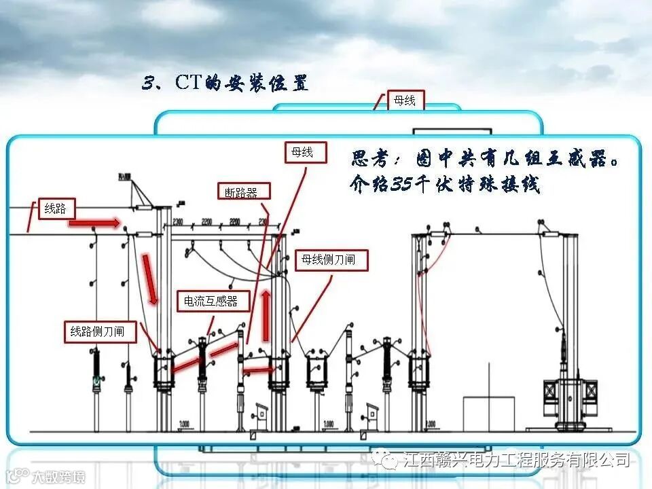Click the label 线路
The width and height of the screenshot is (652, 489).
pyautogui.click(x=56, y=209)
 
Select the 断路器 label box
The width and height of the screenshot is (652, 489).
pyautogui.click(x=242, y=192)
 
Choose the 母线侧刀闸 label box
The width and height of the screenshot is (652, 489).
pyautogui.click(x=333, y=259)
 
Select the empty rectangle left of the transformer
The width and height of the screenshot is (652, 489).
pyautogui.click(x=489, y=414)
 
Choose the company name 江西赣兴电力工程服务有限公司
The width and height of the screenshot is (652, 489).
pyautogui.click(x=516, y=460)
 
